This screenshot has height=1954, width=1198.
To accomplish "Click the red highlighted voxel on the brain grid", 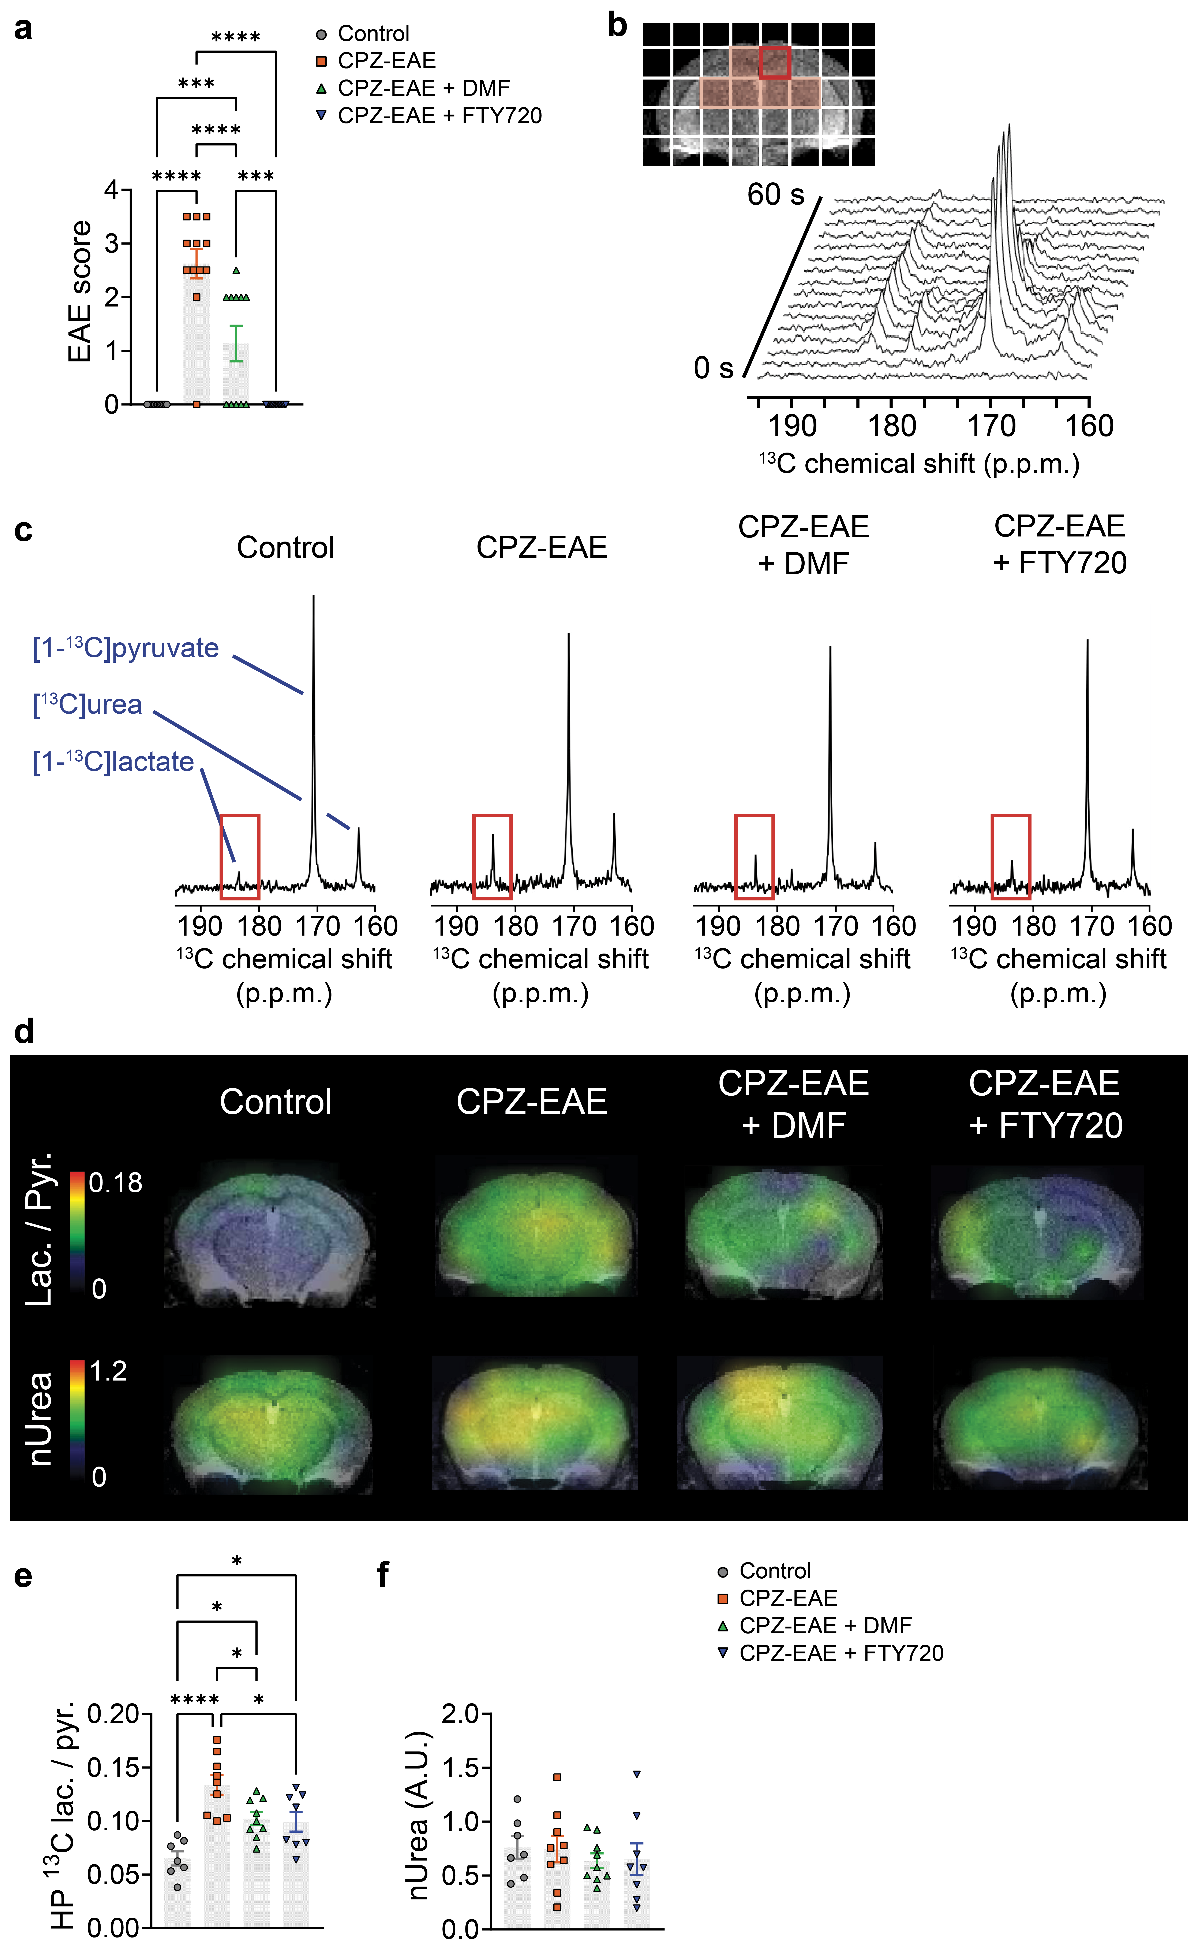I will [x=775, y=63].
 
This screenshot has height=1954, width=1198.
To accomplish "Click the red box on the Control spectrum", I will [x=239, y=857].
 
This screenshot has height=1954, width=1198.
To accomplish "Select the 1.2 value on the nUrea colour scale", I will [x=109, y=1371].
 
